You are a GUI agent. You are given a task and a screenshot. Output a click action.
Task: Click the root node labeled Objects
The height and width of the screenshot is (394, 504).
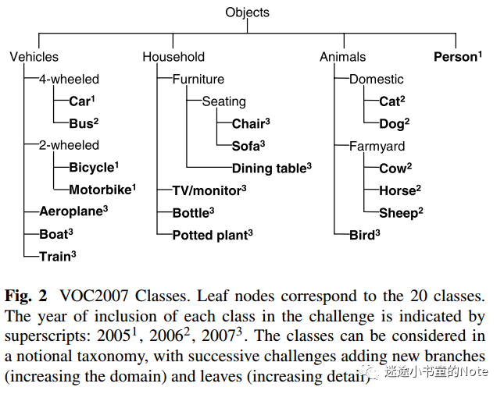click(247, 12)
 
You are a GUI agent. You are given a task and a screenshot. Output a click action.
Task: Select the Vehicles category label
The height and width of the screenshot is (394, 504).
click(34, 57)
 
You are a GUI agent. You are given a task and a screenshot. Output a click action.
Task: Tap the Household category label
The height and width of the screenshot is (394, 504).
click(173, 57)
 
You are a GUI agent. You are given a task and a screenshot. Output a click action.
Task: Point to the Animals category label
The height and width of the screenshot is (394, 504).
click(343, 57)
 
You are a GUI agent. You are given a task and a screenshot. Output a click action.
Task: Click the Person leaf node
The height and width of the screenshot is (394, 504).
click(458, 56)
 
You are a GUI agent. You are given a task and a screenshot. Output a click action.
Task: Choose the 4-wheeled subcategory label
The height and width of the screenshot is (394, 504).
click(69, 79)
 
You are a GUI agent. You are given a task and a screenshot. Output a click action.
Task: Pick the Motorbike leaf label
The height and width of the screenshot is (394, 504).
click(102, 190)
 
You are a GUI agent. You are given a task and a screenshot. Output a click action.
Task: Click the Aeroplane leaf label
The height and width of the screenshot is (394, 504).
click(73, 211)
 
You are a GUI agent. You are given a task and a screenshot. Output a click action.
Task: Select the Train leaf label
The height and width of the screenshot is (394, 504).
click(58, 256)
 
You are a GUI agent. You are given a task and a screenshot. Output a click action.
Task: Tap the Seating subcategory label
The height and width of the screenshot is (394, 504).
click(224, 101)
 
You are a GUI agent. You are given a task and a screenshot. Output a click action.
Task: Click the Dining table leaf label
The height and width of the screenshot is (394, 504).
click(272, 168)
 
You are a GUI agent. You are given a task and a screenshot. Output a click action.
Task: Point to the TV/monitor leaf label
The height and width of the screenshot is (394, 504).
click(209, 190)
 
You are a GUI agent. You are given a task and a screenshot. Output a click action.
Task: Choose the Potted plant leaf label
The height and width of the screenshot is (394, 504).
click(213, 235)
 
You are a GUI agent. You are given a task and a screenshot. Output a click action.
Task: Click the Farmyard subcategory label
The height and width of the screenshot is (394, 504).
click(377, 147)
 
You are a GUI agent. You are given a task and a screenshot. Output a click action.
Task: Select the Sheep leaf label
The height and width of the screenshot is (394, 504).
click(401, 213)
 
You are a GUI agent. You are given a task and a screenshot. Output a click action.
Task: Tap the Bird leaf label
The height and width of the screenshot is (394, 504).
click(364, 235)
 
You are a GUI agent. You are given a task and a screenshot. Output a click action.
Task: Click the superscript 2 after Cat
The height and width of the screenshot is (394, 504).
click(402, 98)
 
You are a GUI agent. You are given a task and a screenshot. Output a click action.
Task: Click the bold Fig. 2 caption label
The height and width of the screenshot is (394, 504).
click(26, 296)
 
